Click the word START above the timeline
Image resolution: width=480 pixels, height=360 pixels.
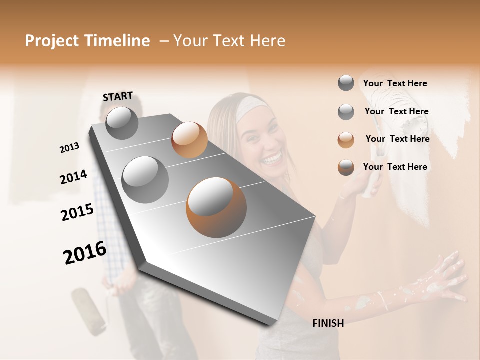coord(118,96)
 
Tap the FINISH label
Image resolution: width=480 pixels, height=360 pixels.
coord(328,323)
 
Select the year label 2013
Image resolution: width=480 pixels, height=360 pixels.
coord(70,148)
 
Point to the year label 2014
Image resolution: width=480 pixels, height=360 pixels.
coord(74,177)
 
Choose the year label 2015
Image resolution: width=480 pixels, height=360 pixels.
coord(77,212)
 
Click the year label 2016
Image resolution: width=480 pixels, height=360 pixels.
coord(85,253)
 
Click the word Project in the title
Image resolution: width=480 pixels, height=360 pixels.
coord(52,41)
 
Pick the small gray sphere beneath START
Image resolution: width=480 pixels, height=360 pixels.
coord(122,123)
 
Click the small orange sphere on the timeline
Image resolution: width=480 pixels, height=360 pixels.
coord(189,140)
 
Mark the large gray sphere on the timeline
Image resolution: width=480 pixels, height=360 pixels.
coord(145,179)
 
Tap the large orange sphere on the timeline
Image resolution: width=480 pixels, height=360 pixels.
coord(216,207)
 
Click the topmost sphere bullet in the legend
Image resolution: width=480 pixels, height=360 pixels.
coord(346,83)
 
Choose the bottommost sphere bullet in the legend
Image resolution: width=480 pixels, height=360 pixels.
coord(346,167)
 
